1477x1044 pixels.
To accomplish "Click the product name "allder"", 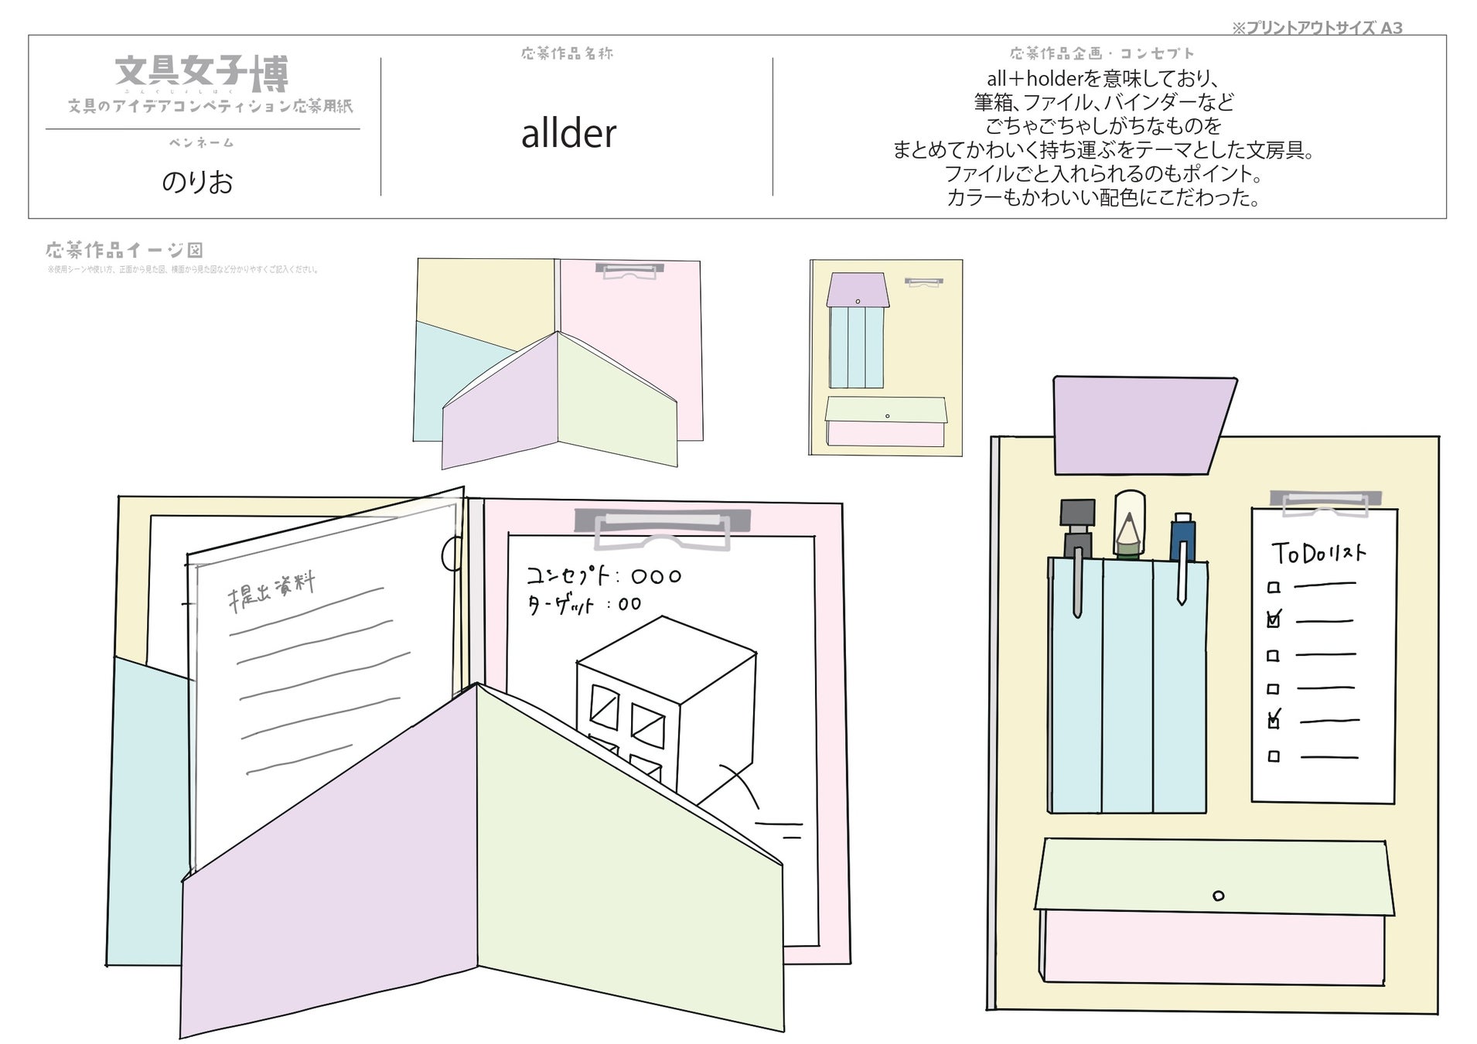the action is [x=568, y=134].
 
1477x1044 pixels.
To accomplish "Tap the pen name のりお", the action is [x=197, y=182].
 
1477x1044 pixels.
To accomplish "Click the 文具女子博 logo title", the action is [x=202, y=73].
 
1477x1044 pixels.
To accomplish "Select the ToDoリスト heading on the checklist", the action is [x=1318, y=553].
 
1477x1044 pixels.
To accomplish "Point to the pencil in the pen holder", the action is [x=1129, y=526].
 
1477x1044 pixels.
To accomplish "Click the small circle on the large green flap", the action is [x=1219, y=896].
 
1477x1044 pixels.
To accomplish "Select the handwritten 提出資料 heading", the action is [x=271, y=592].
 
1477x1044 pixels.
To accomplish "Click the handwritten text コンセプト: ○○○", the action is [x=603, y=576].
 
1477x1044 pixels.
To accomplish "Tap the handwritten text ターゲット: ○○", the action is [x=584, y=604].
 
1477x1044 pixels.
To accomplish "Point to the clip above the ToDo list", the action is [x=1325, y=501].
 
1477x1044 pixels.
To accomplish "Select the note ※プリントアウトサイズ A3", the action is [x=1316, y=28].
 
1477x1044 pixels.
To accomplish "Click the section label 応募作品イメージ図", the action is [x=125, y=250].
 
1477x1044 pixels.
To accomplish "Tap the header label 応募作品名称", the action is [x=567, y=53].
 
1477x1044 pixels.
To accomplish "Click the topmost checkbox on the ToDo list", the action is [x=1274, y=588].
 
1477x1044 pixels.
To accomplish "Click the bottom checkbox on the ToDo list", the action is [x=1274, y=756].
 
